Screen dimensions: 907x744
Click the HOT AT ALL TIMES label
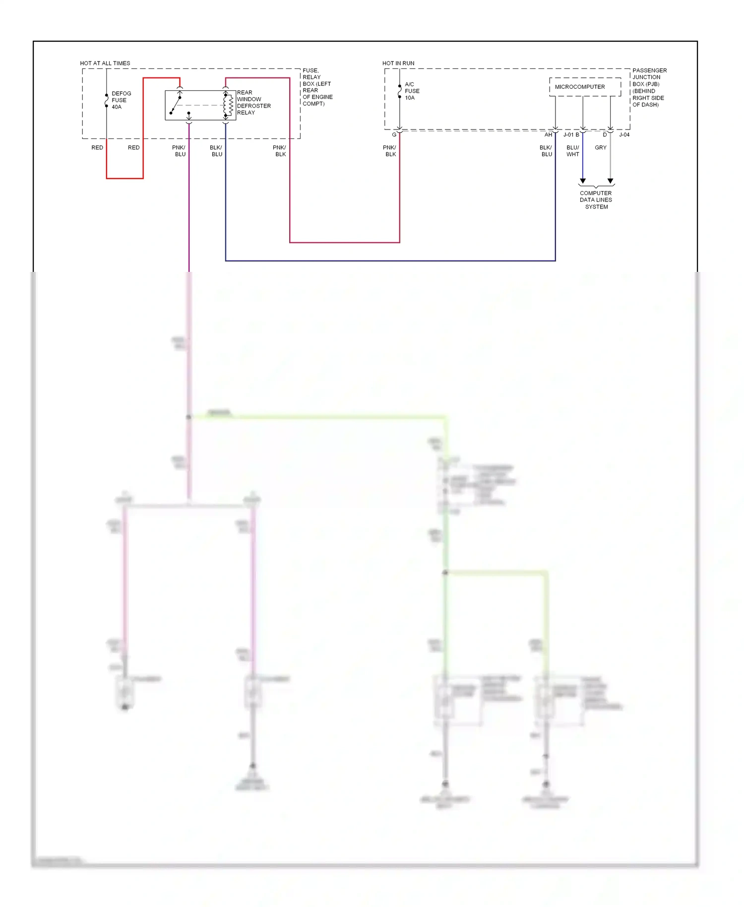[105, 63]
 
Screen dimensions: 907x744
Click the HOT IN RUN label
[398, 63]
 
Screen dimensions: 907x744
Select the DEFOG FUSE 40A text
[121, 100]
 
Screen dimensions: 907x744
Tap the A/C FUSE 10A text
[412, 91]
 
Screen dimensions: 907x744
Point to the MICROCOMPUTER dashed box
[585, 87]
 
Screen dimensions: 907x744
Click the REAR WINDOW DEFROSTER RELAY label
[253, 103]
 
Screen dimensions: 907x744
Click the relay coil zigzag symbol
[231, 105]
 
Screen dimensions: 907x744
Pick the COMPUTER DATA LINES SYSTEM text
[596, 200]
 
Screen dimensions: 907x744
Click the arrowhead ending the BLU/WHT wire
[583, 181]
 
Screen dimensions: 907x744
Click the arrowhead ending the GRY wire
[611, 181]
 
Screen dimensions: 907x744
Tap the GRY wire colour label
[601, 147]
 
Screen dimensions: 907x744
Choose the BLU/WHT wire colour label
[573, 151]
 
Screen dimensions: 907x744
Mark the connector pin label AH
[548, 135]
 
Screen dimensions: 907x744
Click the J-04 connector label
[624, 135]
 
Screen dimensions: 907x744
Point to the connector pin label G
[394, 135]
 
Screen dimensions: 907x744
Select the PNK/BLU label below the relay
[179, 151]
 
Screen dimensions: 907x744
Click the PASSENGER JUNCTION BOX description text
[649, 87]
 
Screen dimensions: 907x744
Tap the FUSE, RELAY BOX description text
[317, 87]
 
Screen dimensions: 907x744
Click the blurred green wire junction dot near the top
[188, 417]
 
